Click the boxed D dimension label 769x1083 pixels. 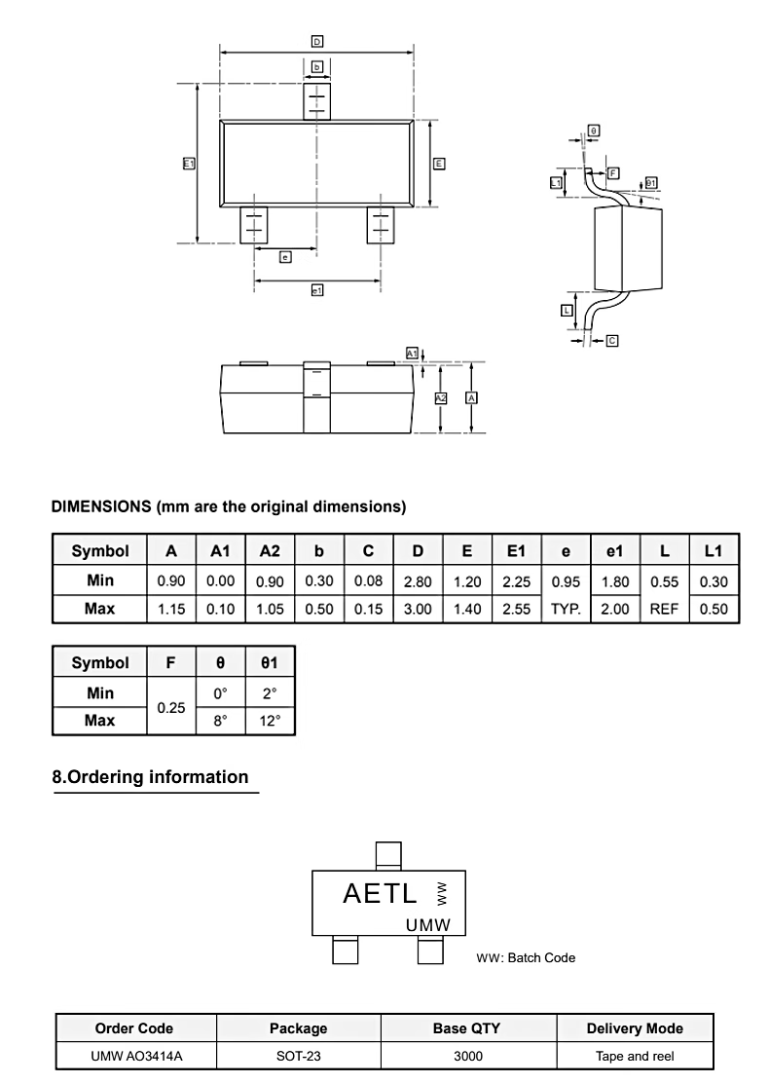pos(317,41)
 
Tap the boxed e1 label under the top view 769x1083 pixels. pos(317,290)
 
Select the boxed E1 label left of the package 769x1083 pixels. pos(189,164)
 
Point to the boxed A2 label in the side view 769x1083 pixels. pos(440,398)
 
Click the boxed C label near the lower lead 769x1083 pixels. pos(611,341)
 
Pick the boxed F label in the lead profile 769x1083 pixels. pos(613,172)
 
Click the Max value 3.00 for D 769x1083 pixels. pos(418,609)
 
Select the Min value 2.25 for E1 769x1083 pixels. pos(516,581)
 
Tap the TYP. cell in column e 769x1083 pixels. pos(566,609)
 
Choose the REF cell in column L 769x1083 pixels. pos(664,609)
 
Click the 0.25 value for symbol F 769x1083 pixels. pos(171,707)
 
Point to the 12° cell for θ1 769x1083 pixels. pos(270,721)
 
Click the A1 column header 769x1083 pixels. pos(221,550)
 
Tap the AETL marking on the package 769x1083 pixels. pos(381,893)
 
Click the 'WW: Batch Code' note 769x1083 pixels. pos(526,957)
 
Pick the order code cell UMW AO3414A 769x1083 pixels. pos(134,1056)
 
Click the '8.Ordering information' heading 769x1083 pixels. pos(150,777)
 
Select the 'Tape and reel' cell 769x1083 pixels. pos(635,1056)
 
